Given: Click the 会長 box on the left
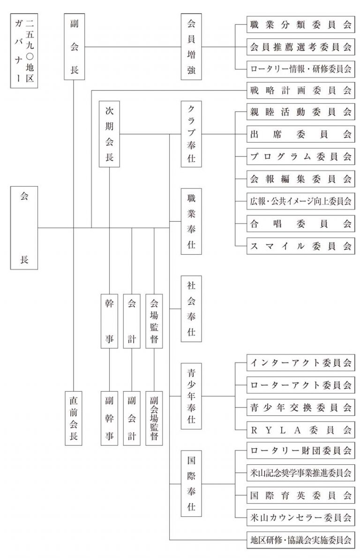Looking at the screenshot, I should point(24,227).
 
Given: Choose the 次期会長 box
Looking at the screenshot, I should point(109,134).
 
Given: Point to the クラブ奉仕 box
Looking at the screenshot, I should point(191,134).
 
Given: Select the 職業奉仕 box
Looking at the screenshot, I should point(191,221).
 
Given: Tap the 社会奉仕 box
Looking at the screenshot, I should point(191,309).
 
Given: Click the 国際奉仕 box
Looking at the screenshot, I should point(191,483).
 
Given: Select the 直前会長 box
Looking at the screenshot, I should point(74,416).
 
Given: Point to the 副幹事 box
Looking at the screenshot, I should point(109,416).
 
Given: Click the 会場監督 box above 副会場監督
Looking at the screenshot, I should point(154,321).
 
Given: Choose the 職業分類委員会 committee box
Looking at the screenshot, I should point(300,25).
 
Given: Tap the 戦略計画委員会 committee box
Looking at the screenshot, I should point(300,90).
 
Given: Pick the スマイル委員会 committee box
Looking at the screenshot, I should point(300,246).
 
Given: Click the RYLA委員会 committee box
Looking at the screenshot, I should point(300,429).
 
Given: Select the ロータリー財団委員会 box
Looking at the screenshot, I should point(300,451).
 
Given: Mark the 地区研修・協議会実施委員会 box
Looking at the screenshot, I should point(300,540).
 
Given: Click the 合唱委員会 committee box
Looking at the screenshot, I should point(300,224).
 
